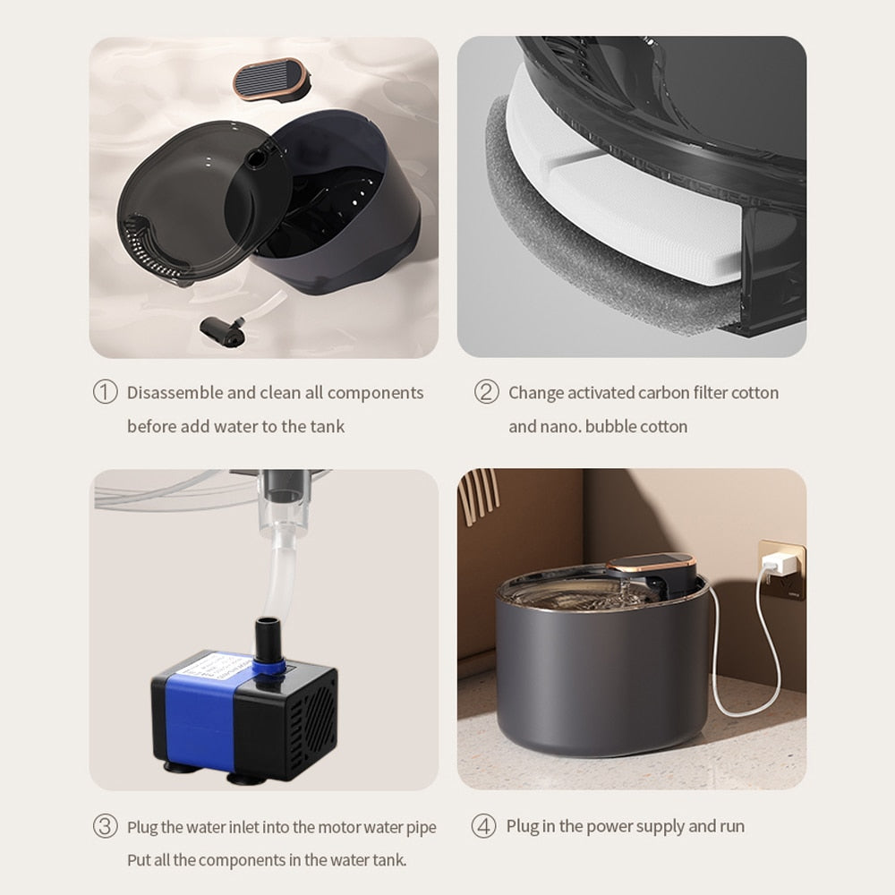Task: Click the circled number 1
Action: coord(105,392)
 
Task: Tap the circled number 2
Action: coord(486,392)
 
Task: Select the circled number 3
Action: coord(105,826)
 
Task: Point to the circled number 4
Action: coord(483,826)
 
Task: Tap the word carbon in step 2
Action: coord(662,393)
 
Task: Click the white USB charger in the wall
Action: coord(780,563)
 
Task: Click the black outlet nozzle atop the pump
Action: coord(268,636)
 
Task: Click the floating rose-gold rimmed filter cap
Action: coord(271,78)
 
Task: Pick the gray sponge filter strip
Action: coord(573,251)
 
